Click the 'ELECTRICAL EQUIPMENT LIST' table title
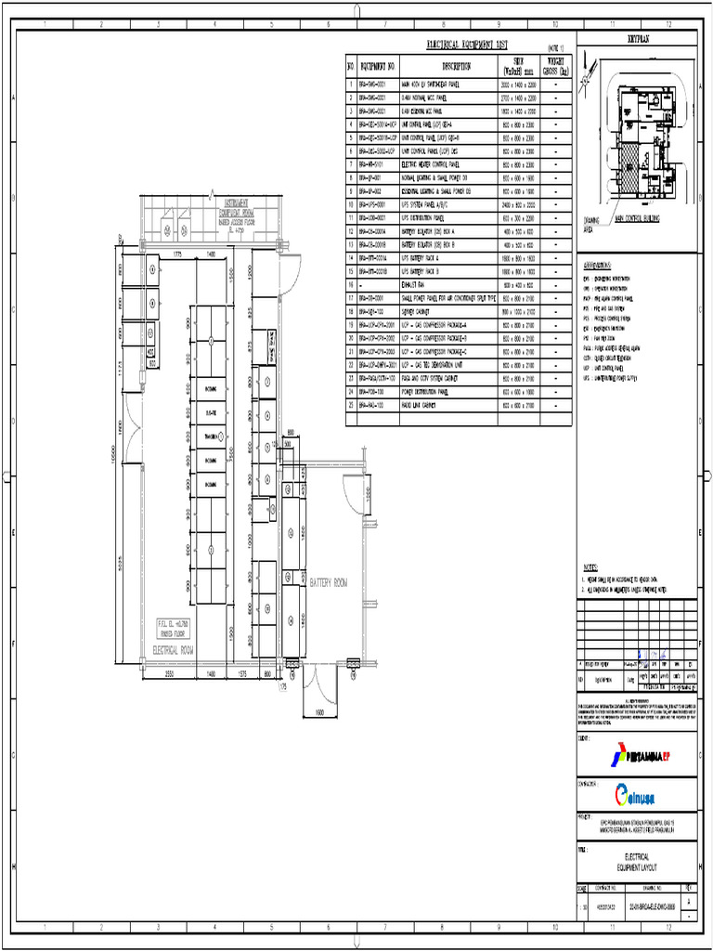pyautogui.click(x=467, y=44)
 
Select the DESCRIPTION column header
pyautogui.click(x=456, y=67)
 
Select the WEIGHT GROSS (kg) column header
pyautogui.click(x=556, y=67)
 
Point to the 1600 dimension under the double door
pyautogui.click(x=320, y=713)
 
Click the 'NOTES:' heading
pyautogui.click(x=592, y=566)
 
